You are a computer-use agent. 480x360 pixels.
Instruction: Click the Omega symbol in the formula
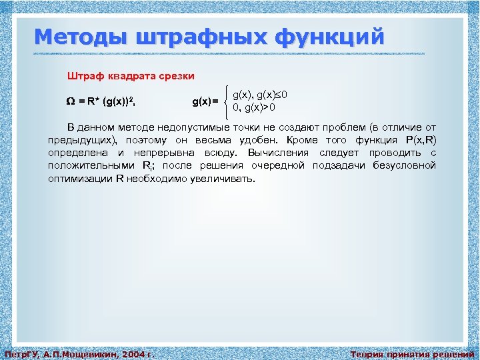click(x=71, y=101)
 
